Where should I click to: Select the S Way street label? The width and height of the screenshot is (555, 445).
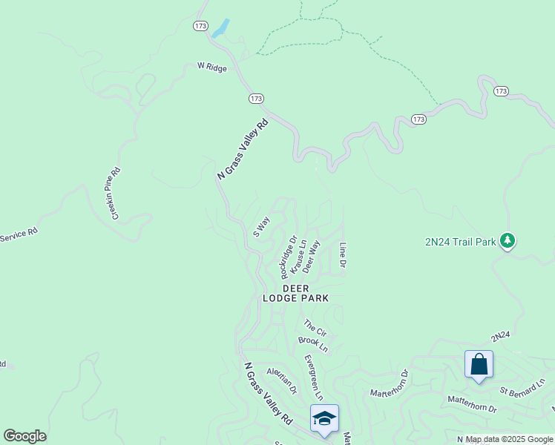pos(261,225)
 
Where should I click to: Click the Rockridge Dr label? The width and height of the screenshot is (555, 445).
pos(289,254)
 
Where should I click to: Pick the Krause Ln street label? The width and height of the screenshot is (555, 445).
pos(298,259)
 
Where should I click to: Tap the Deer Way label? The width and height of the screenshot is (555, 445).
pos(311,256)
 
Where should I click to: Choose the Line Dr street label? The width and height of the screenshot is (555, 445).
pos(343,255)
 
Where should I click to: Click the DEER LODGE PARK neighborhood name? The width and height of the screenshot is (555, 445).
pos(295,293)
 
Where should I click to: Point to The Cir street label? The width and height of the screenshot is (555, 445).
pos(315,327)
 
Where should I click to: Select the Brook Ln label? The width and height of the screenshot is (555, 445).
pos(312,343)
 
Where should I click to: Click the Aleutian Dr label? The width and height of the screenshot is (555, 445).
pos(282,380)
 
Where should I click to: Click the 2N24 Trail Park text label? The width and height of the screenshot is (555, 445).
pos(459,241)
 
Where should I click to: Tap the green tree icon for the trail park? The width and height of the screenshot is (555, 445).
pos(508,240)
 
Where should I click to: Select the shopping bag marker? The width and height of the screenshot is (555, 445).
pos(479,364)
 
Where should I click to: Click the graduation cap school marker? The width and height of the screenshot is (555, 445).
pos(324,419)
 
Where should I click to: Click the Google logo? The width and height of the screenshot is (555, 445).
pos(24,436)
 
